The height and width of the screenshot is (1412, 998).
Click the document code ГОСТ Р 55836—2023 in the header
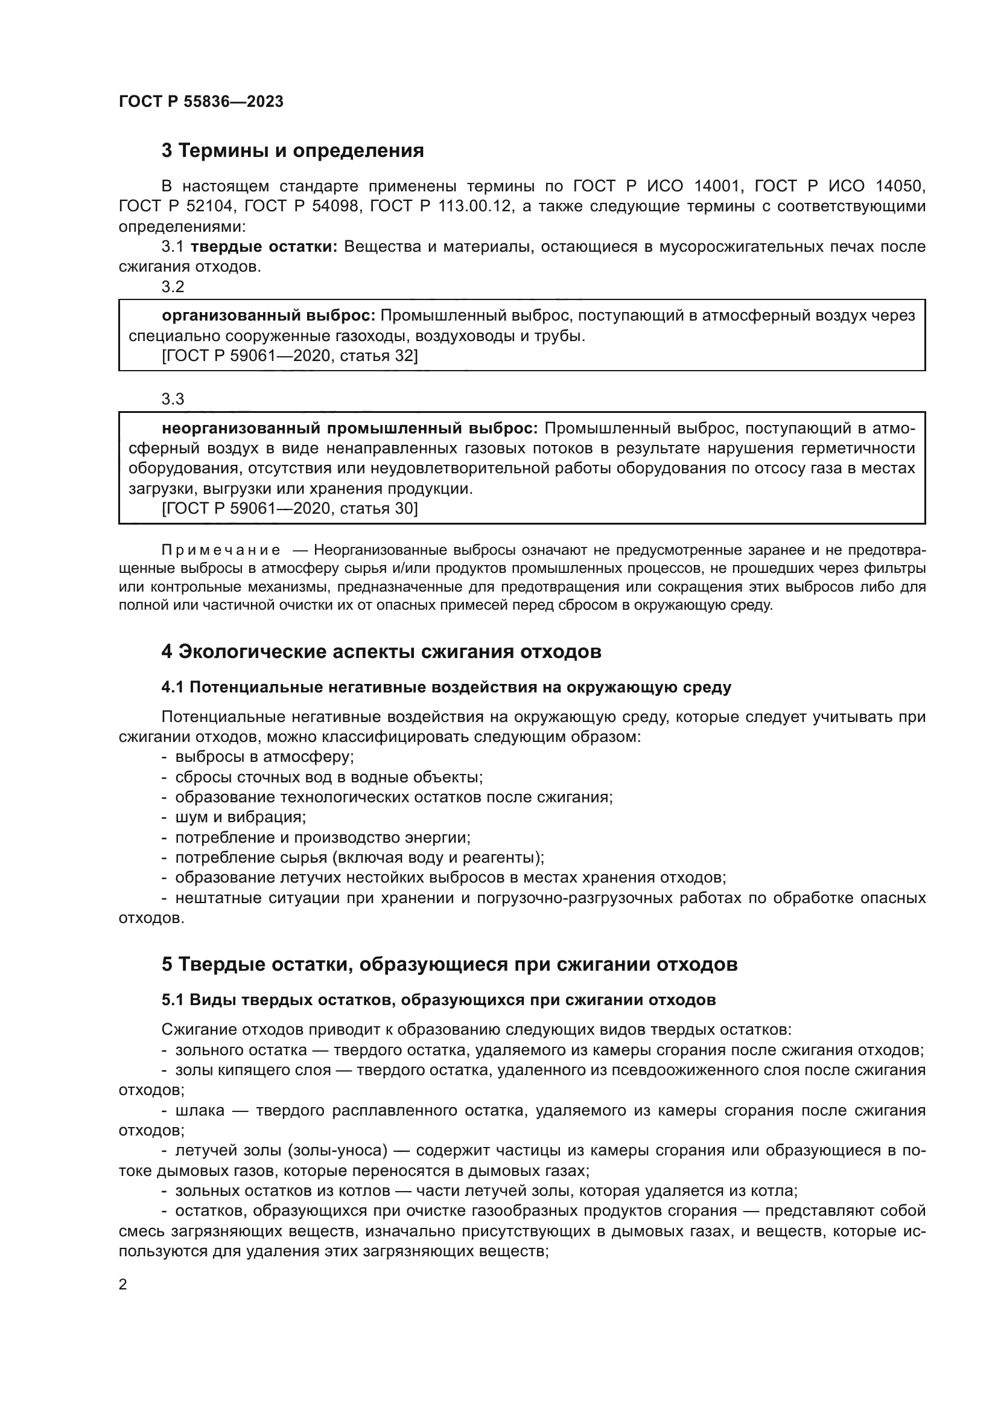coord(201,102)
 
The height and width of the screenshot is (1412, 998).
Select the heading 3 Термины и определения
coord(293,151)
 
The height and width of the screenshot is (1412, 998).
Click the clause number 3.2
coord(173,287)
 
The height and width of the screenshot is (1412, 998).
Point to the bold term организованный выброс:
coord(269,316)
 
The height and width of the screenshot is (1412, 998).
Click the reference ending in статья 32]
coord(290,356)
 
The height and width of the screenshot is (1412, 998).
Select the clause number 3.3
coord(173,399)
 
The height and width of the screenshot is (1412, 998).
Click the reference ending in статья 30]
coord(290,508)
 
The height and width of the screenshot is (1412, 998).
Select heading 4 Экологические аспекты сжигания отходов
coord(381,652)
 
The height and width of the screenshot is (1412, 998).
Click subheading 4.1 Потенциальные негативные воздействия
coord(446,688)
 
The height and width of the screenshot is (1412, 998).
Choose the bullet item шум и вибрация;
coord(240,817)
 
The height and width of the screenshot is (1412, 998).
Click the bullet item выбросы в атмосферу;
coord(264,757)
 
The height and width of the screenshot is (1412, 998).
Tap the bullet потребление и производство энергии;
coord(323,838)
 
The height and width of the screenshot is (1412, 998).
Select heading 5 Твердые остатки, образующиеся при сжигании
coord(450,964)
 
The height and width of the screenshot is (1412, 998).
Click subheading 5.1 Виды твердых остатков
coord(438,1000)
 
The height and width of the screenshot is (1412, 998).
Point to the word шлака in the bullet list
coord(200,1111)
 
